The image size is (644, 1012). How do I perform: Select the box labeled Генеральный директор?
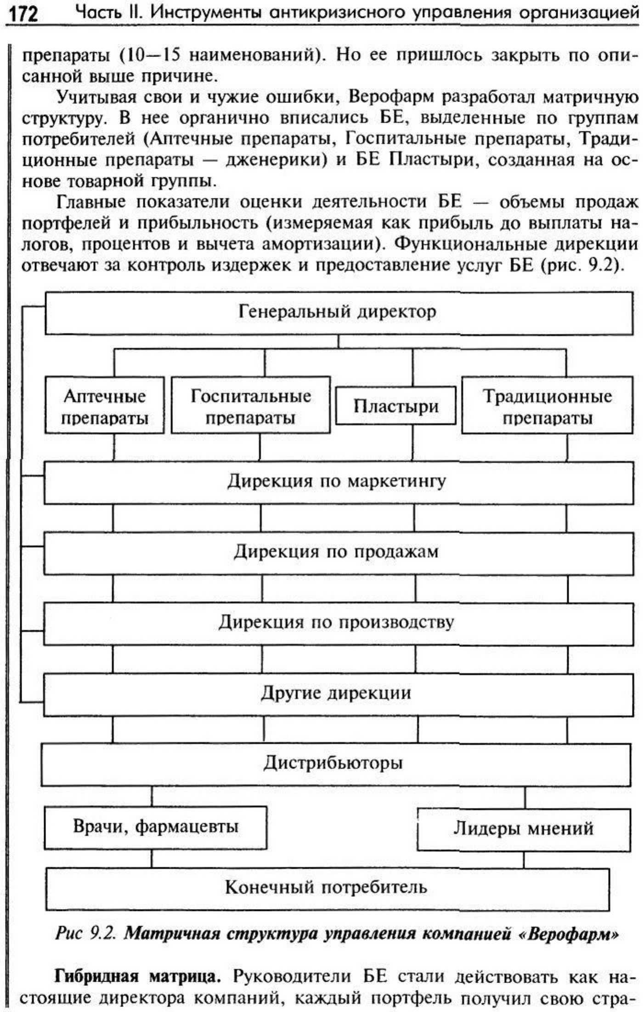(x=339, y=312)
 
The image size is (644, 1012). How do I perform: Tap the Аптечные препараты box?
(x=105, y=405)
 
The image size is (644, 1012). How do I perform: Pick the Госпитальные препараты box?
(x=251, y=405)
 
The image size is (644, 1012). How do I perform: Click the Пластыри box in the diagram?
(x=396, y=405)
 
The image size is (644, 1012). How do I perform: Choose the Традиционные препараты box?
(x=547, y=405)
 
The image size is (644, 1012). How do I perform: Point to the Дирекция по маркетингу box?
(x=339, y=482)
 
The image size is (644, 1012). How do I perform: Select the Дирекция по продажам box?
(x=339, y=553)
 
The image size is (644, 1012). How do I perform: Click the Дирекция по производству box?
(x=339, y=624)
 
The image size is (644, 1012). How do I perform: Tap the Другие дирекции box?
(x=339, y=694)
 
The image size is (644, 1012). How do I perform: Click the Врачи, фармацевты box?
(x=156, y=827)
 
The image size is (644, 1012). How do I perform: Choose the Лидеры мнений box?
(x=524, y=829)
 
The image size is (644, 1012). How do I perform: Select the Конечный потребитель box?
(x=328, y=888)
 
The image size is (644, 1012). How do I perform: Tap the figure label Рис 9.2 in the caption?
(x=87, y=934)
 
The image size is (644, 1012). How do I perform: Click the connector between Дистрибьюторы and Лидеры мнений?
(x=525, y=797)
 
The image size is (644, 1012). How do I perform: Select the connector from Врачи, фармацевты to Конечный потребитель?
(x=152, y=858)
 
